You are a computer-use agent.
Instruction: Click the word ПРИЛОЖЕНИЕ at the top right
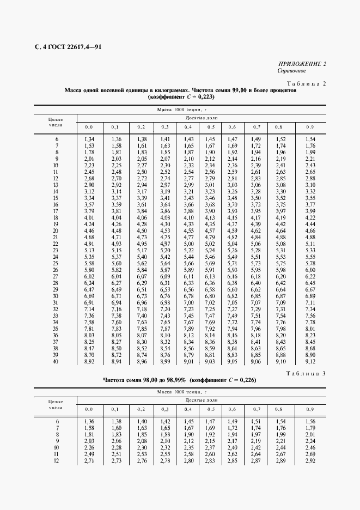pyautogui.click(x=299, y=64)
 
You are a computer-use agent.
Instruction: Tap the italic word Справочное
pyautogui.click(x=291, y=71)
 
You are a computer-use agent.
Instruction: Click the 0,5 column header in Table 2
pyautogui.click(x=209, y=127)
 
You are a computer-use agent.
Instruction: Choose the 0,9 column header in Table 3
pyautogui.click(x=310, y=409)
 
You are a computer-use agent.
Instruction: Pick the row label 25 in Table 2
pyautogui.click(x=56, y=263)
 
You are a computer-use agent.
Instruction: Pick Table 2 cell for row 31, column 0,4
pyautogui.click(x=188, y=302)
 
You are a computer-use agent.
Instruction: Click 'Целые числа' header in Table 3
pyautogui.click(x=56, y=404)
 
